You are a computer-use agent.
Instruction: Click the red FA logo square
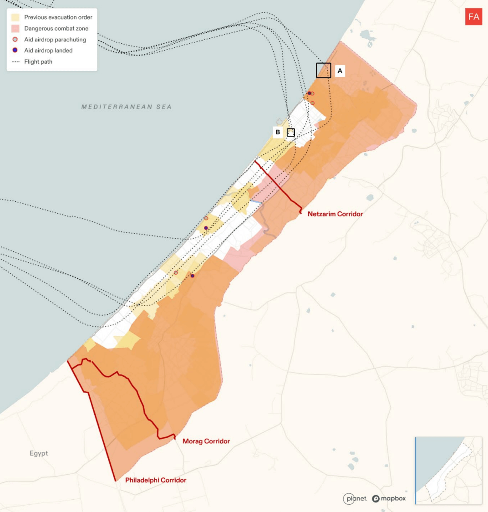click(473, 17)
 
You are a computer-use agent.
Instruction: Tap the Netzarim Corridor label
click(335, 214)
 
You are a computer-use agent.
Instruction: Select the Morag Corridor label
click(206, 441)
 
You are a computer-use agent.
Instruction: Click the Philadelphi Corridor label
click(156, 480)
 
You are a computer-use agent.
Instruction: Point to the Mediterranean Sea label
click(127, 107)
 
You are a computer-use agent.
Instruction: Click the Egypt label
click(39, 453)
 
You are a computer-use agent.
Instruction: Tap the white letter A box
click(340, 71)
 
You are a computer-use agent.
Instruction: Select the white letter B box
click(278, 132)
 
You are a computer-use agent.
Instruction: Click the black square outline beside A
click(324, 70)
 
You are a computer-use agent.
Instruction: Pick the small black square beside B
click(291, 133)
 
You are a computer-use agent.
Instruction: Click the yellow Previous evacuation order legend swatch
click(15, 17)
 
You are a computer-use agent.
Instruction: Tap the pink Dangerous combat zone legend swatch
click(15, 28)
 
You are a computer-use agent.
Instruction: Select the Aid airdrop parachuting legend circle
click(15, 40)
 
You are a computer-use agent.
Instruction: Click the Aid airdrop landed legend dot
click(15, 51)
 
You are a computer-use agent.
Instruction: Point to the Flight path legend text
click(38, 61)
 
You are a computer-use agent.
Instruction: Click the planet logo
click(355, 498)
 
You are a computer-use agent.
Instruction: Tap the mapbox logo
click(389, 498)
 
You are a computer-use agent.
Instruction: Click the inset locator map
click(448, 471)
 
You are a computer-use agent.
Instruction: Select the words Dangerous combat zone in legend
click(56, 28)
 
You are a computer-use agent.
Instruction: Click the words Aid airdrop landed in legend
click(48, 51)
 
